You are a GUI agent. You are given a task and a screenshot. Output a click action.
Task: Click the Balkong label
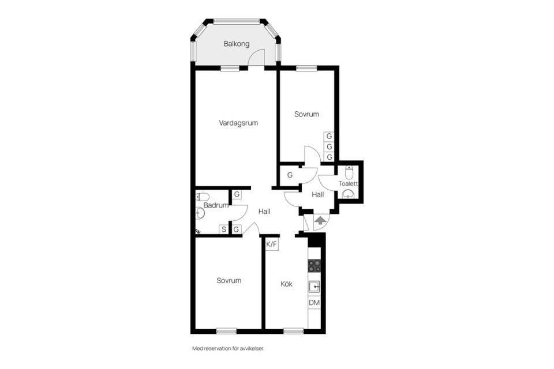click(x=237, y=44)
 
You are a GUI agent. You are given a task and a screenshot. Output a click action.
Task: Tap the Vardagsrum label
click(x=238, y=123)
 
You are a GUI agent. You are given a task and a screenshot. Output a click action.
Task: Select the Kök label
click(x=287, y=284)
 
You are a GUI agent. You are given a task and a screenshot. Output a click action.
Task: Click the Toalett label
click(x=349, y=183)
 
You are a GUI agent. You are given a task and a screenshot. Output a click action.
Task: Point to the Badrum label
click(x=216, y=205)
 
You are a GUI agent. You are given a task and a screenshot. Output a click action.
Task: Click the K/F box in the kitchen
click(x=272, y=244)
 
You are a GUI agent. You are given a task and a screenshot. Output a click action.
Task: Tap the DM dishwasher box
click(x=314, y=303)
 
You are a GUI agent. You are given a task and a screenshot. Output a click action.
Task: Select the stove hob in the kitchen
click(x=314, y=266)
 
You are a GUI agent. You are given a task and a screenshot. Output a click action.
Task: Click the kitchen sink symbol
click(x=314, y=287)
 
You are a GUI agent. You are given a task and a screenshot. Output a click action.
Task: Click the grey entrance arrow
click(x=320, y=221)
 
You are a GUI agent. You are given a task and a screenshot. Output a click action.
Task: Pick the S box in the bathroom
click(x=224, y=229)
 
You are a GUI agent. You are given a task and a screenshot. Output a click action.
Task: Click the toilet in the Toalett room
click(x=349, y=172)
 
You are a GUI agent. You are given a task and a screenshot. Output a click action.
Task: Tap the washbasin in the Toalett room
click(x=349, y=194)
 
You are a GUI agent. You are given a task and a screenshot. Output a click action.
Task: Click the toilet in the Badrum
click(x=203, y=197)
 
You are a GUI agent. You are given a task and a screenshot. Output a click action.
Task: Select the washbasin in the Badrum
click(x=200, y=213)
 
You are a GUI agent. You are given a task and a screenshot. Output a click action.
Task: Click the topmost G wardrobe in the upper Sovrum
click(x=330, y=136)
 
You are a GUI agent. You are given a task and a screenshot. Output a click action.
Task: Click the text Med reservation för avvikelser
click(x=228, y=348)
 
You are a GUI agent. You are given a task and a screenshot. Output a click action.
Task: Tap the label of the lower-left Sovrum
click(x=229, y=281)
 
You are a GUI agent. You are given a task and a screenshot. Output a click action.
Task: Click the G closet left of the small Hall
click(x=290, y=175)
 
